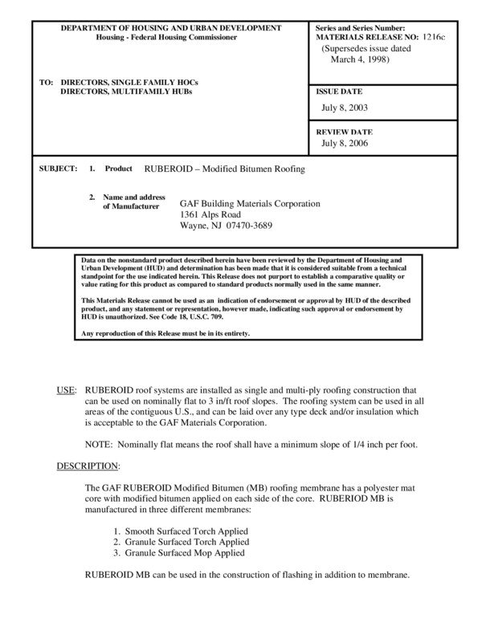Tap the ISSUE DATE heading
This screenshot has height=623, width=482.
pyautogui.click(x=339, y=92)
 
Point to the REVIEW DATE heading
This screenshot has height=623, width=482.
pyautogui.click(x=343, y=132)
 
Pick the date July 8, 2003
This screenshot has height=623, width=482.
pyautogui.click(x=345, y=107)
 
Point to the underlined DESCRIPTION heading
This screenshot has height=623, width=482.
pyautogui.click(x=88, y=466)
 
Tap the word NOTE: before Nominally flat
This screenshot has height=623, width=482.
pyautogui.click(x=100, y=444)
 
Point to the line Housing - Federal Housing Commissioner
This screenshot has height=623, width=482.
pyautogui.click(x=170, y=38)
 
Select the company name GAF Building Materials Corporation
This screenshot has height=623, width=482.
pyautogui.click(x=249, y=204)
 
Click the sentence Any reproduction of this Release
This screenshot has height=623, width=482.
pyautogui.click(x=165, y=333)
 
